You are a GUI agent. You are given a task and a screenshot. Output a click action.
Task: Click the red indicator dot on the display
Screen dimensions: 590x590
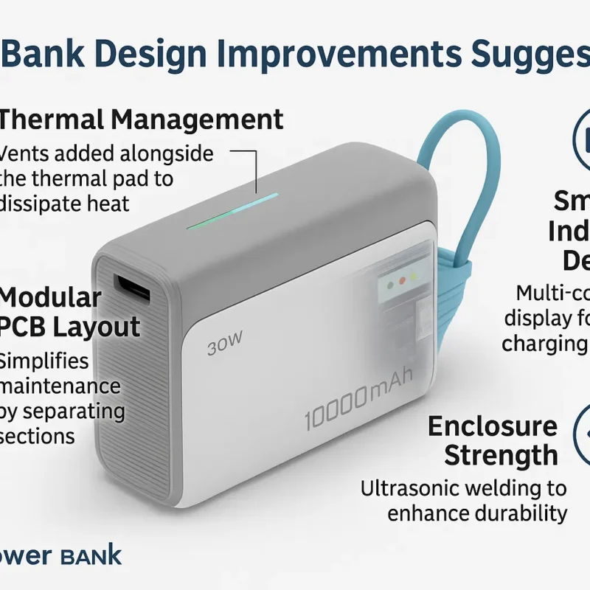tap(395, 281)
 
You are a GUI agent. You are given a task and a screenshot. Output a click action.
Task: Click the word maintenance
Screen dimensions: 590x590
tap(60, 386)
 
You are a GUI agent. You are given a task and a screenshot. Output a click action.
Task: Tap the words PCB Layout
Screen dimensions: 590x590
tap(71, 327)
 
